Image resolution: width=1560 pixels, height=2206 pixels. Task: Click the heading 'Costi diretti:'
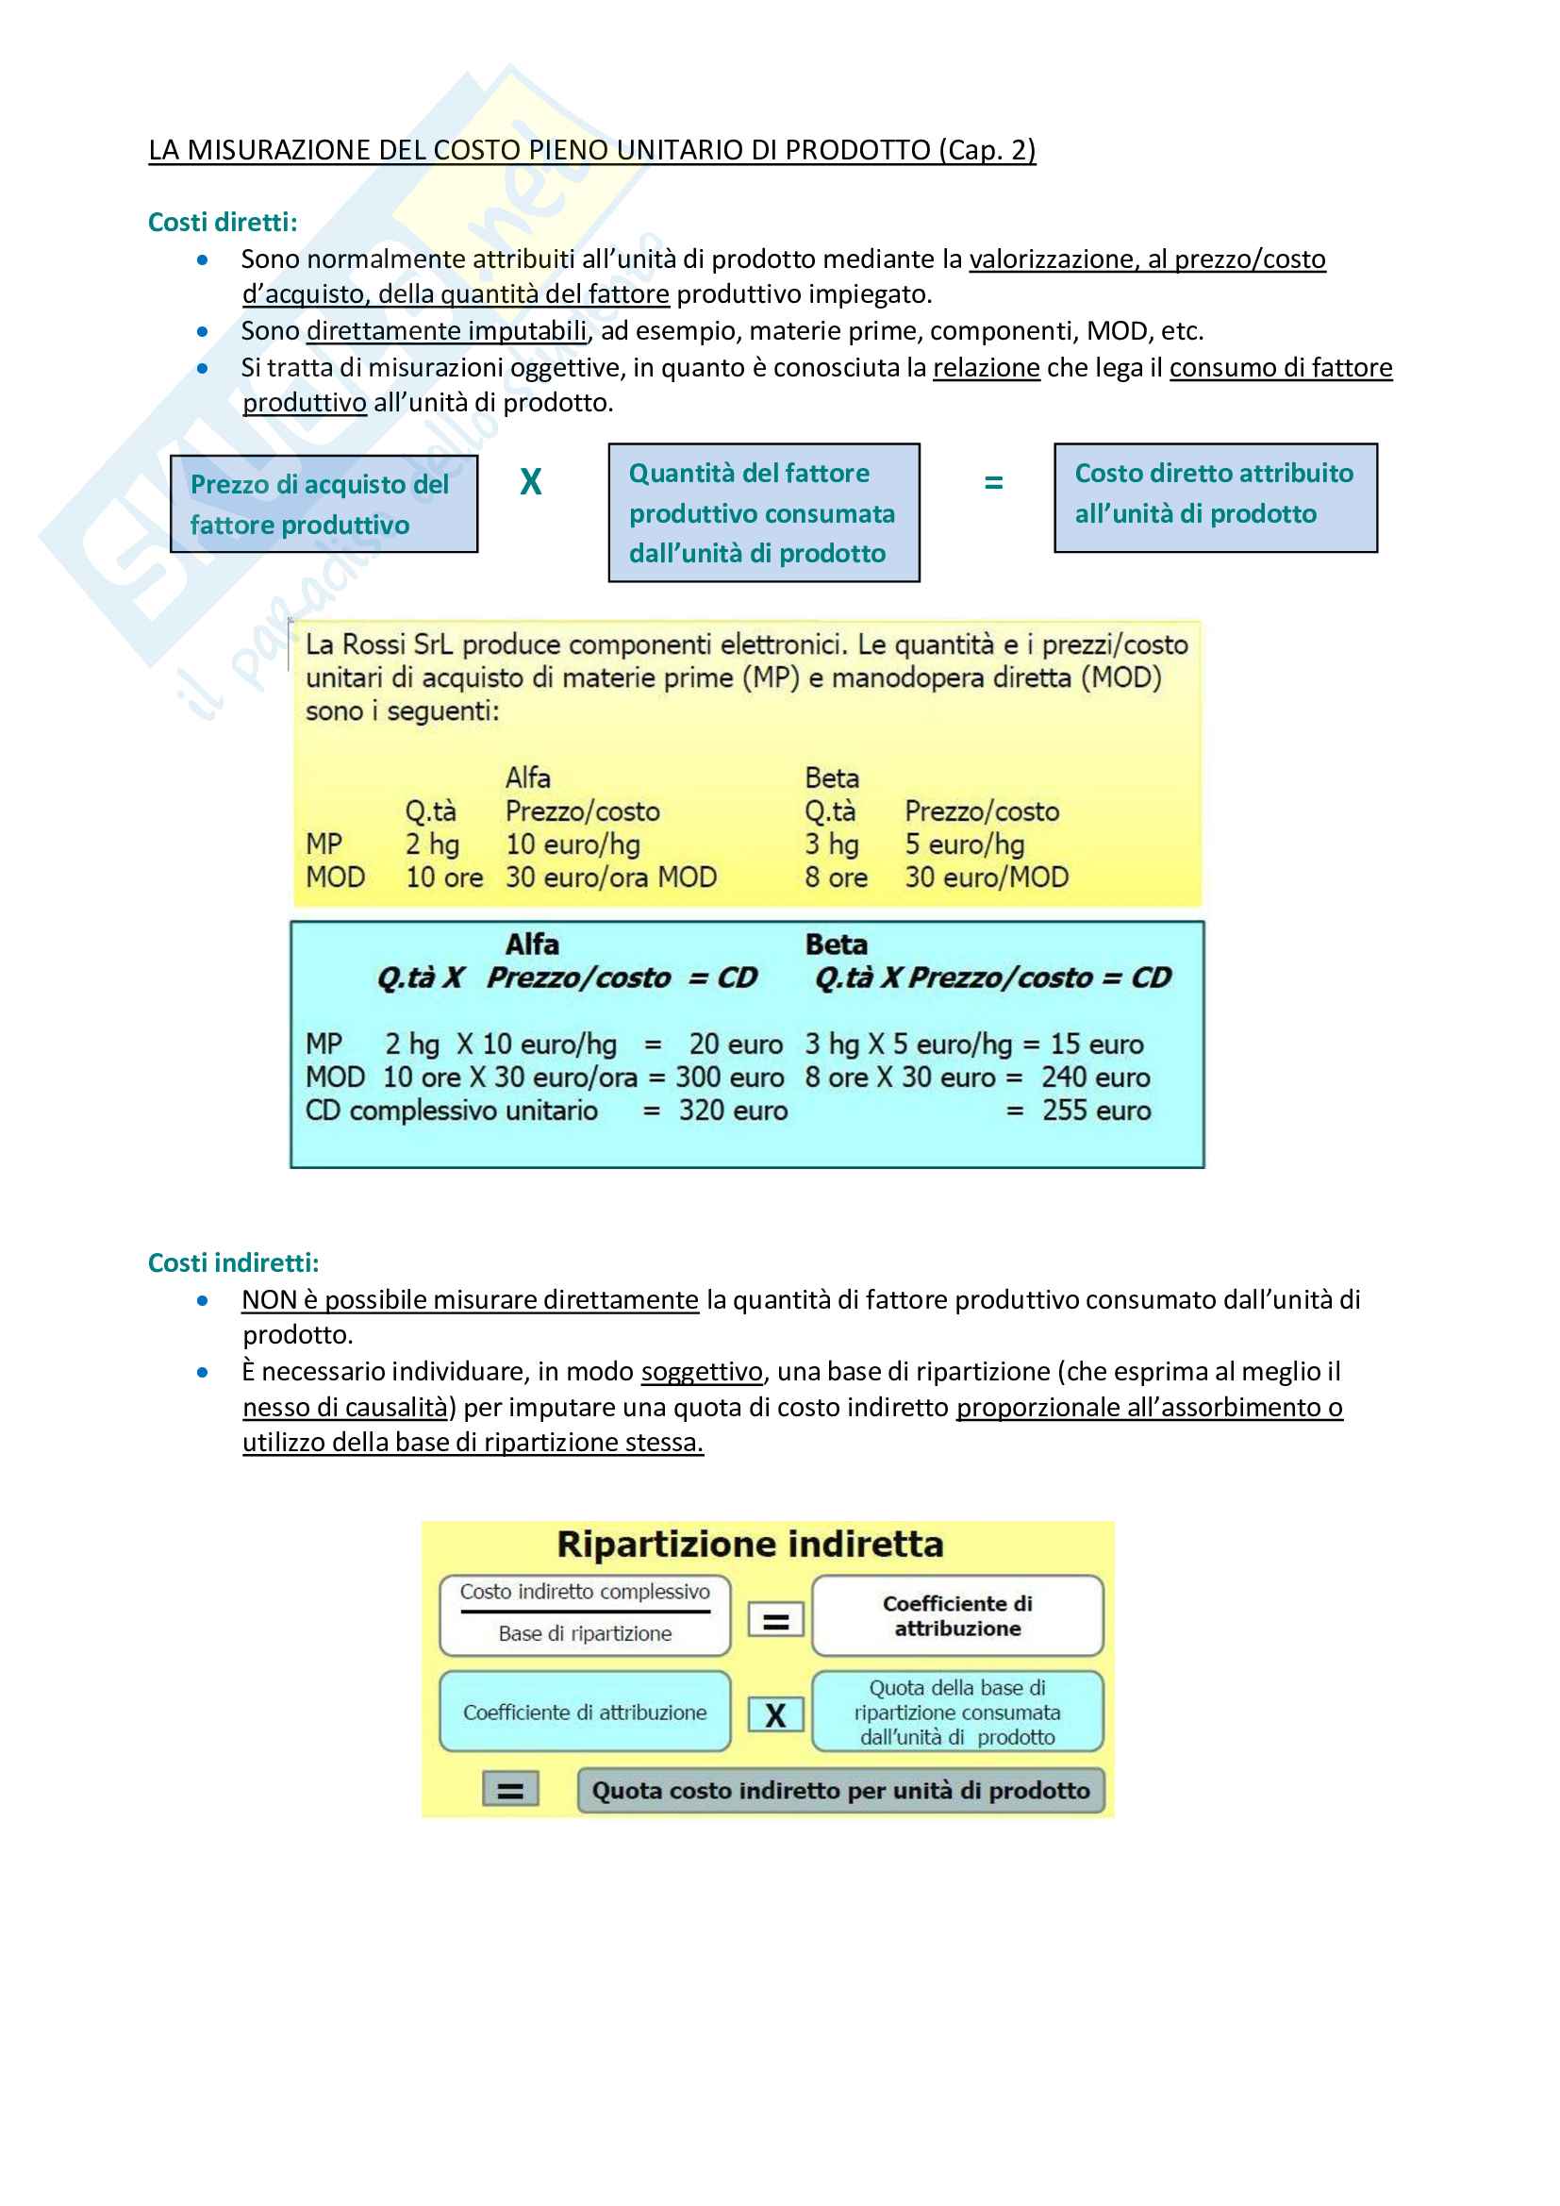point(222,222)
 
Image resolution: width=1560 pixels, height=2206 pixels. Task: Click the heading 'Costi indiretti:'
point(232,1262)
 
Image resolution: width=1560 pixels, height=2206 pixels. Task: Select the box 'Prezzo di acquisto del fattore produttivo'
point(324,504)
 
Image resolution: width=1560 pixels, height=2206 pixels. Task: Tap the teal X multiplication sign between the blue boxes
point(530,481)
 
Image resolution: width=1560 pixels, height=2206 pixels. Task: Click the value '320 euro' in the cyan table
point(732,1111)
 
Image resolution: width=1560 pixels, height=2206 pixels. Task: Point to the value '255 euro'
point(1096,1111)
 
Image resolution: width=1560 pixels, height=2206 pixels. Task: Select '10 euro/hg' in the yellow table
point(573,844)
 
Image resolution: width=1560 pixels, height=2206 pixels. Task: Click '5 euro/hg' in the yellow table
point(964,844)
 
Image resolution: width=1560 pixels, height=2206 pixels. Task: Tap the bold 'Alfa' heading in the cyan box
point(532,944)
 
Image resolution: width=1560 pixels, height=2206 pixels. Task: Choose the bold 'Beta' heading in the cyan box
point(836,944)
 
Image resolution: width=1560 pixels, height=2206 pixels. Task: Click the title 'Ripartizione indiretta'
point(750,1544)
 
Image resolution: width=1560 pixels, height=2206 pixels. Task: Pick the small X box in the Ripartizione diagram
point(775,1715)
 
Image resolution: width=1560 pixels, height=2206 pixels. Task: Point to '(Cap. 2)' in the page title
point(987,150)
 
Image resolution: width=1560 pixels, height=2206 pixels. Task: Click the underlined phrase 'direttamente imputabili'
point(447,330)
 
